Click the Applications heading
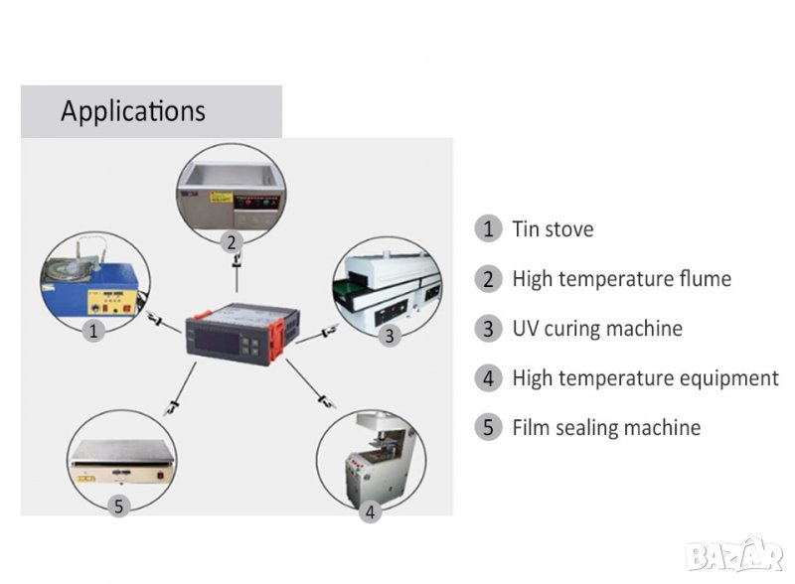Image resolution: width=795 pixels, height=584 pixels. (133, 110)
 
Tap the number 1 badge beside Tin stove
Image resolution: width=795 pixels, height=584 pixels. (487, 229)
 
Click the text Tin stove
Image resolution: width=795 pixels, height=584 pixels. (553, 229)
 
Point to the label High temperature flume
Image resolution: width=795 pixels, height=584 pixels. (621, 279)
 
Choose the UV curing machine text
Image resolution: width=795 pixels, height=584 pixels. (597, 329)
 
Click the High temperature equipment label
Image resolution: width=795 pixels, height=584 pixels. (645, 378)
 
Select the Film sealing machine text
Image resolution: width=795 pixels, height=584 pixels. (606, 428)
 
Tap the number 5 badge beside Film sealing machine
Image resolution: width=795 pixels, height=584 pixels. (487, 428)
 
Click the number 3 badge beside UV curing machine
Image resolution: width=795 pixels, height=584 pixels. (487, 329)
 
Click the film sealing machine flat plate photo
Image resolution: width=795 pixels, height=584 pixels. (119, 462)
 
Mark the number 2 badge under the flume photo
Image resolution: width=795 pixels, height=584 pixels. (231, 241)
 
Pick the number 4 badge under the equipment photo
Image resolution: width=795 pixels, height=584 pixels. (371, 512)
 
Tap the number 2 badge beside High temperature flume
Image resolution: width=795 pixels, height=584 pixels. (487, 279)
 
